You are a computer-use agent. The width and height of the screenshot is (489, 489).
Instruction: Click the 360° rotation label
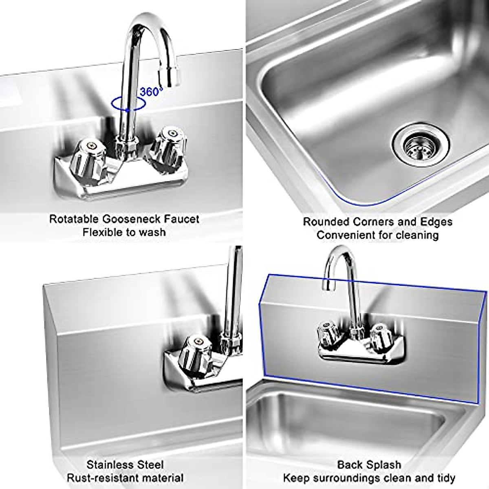151,92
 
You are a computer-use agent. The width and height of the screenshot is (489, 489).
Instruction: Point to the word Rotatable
73,219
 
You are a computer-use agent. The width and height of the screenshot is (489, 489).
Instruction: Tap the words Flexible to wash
124,233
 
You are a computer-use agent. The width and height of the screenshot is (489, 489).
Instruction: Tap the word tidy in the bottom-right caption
444,478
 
